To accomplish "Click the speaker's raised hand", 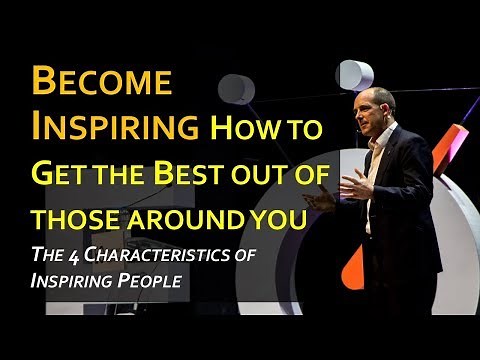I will tap(349, 187).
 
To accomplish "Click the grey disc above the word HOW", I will tap(236, 88).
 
